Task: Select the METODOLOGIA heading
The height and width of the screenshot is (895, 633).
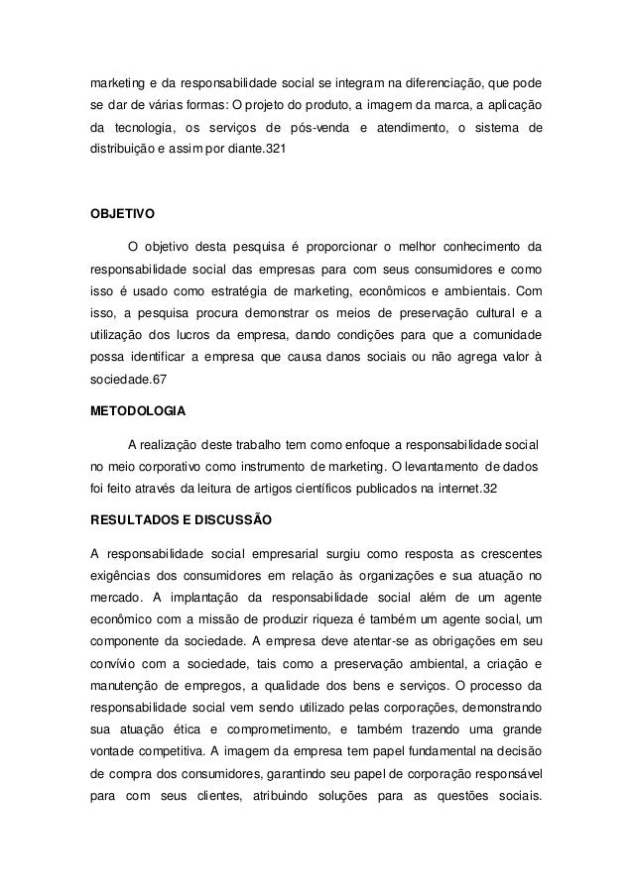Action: [x=137, y=407]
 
